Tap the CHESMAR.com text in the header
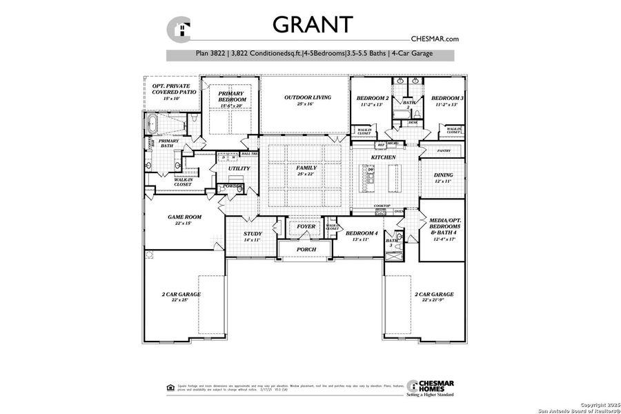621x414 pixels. pyautogui.click(x=435, y=39)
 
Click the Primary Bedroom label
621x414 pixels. pyautogui.click(x=232, y=97)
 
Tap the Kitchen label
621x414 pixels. pyautogui.click(x=384, y=158)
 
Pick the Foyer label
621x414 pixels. pyautogui.click(x=306, y=226)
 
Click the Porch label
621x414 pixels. pyautogui.click(x=306, y=249)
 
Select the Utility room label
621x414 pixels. pyautogui.click(x=239, y=168)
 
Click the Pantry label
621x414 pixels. pyautogui.click(x=444, y=150)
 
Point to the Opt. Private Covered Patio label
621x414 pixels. pyautogui.click(x=173, y=92)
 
